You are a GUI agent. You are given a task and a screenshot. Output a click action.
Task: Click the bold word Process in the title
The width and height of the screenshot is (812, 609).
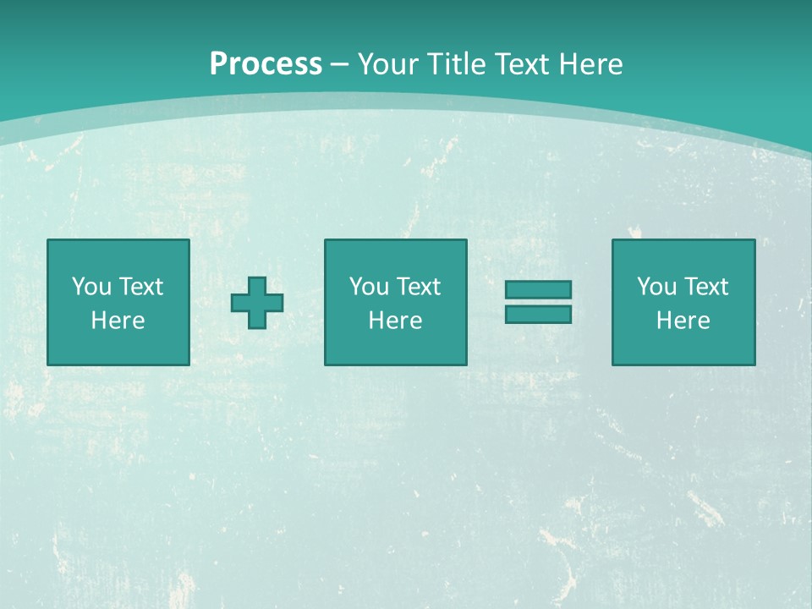point(266,64)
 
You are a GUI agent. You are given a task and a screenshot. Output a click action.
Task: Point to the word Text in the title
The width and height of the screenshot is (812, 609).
point(521,64)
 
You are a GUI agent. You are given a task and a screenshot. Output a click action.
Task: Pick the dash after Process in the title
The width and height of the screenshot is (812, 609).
point(340,65)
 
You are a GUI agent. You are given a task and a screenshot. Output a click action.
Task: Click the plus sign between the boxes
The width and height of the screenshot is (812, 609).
point(257,303)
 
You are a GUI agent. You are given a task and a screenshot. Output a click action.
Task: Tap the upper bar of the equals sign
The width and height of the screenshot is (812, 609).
point(538,290)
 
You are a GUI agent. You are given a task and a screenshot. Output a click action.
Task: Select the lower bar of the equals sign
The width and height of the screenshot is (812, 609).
point(538,314)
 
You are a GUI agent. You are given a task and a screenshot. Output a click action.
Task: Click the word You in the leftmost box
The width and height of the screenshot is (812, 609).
point(91,287)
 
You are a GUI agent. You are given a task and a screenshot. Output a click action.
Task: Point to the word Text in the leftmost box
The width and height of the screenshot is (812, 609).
point(140,287)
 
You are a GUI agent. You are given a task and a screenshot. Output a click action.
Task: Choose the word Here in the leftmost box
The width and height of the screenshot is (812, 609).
point(118,321)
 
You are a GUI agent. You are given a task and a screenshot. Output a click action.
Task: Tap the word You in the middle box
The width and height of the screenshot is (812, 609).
point(369,287)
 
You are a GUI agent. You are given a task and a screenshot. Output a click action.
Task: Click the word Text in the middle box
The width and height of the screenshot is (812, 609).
point(418,287)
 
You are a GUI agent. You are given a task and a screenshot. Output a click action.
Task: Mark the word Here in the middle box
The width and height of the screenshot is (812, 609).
point(395,321)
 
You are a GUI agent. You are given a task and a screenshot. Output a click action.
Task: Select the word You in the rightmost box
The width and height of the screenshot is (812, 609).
point(656,287)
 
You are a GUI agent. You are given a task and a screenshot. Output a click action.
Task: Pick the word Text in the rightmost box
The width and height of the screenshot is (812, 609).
point(705,287)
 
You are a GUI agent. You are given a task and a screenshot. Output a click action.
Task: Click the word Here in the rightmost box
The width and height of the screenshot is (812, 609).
point(683,321)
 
